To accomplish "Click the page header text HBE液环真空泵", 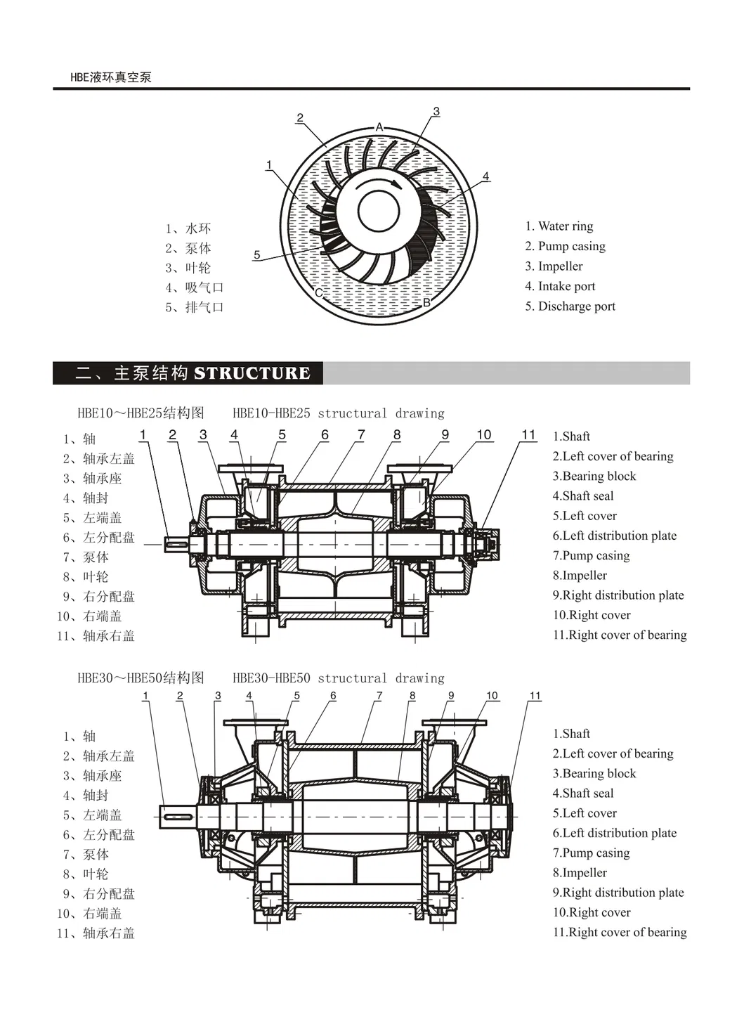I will (110, 77).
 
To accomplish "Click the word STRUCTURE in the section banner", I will (252, 373).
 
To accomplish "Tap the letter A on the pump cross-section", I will (379, 127).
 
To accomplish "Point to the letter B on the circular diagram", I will (426, 302).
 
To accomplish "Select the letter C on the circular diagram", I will (318, 292).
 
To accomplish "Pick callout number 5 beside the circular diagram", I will (256, 254).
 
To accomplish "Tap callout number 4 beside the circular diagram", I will (485, 176).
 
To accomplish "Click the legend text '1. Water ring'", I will (559, 226).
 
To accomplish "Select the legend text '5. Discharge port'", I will (570, 306).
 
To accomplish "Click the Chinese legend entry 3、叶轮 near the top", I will (188, 268).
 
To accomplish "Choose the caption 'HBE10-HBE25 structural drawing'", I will (338, 413).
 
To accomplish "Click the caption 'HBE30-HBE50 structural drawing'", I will (338, 678).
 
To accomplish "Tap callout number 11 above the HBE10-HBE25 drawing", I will (528, 435).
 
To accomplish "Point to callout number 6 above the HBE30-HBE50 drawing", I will (333, 696).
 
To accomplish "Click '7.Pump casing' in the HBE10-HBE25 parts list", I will (591, 555).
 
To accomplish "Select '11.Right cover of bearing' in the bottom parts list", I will (619, 932).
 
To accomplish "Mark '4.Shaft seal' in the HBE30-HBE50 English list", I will (582, 793).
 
